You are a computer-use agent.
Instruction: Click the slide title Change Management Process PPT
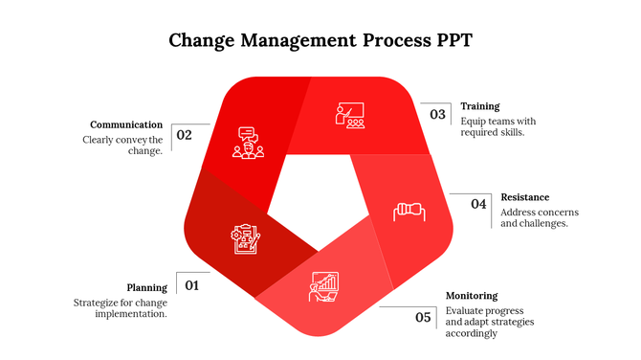coord(320,40)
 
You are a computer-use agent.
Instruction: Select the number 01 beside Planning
coord(191,285)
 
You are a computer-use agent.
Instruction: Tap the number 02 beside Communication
coord(184,135)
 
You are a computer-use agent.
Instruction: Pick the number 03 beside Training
coord(437,115)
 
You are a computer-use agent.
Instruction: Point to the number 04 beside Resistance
coord(477,204)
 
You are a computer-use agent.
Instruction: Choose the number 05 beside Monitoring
coord(423,317)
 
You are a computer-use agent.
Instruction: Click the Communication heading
coord(126,124)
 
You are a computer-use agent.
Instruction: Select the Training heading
coord(479,106)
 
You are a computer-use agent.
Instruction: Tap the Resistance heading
coord(524,197)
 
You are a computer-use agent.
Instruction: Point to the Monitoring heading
coord(472,296)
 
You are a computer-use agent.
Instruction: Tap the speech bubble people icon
coord(248,144)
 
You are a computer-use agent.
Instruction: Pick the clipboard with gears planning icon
coord(245,238)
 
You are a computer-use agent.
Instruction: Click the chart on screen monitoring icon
coord(322,286)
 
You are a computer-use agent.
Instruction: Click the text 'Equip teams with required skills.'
coord(497,127)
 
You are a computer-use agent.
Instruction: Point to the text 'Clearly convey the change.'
coord(122,146)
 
